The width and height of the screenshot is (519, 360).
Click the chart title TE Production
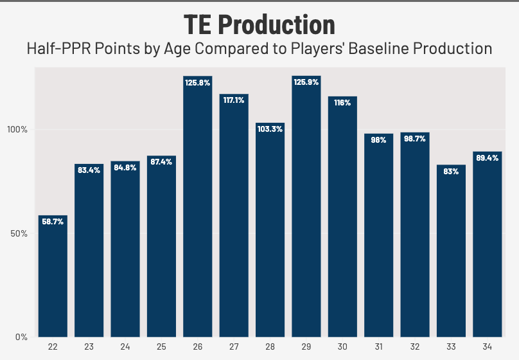259,24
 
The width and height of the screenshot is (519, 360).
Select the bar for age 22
53,276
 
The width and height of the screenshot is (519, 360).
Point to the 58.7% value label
53,221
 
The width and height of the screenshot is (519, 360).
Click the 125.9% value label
306,82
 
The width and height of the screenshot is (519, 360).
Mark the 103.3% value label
270,129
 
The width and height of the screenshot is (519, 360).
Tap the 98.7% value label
414,138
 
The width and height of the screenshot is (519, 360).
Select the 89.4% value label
487,157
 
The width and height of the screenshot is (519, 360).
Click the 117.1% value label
234,100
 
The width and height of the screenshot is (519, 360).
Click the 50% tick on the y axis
19,233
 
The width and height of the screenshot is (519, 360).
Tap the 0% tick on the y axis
21,337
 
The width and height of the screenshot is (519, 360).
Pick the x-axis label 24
125,347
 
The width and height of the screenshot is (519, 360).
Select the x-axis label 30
342,347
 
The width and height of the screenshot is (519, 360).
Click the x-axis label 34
487,347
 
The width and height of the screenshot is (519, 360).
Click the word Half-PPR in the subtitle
54,48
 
